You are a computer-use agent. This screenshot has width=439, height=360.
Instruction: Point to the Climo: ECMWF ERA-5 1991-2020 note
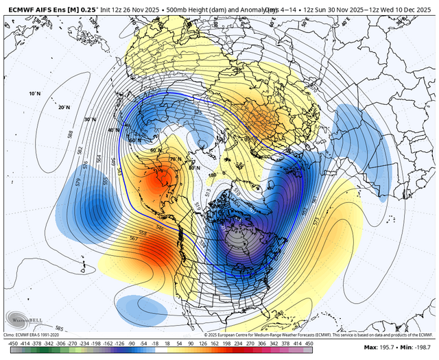point(41,333)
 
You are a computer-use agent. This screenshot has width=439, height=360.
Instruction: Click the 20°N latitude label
point(64,107)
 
